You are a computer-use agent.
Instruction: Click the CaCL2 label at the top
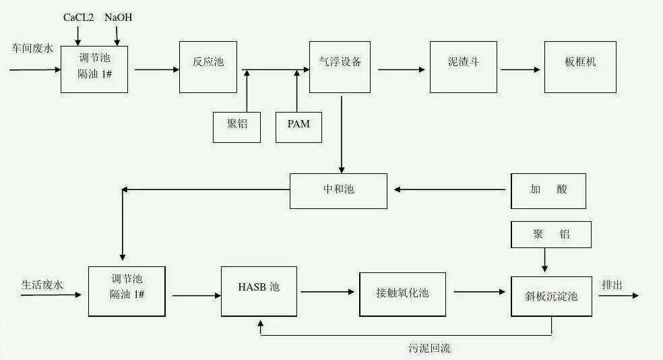click(78, 18)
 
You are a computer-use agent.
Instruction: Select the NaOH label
click(118, 18)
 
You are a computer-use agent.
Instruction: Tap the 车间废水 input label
click(32, 49)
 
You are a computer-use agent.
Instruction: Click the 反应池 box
click(208, 66)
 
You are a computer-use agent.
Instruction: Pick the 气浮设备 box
click(340, 66)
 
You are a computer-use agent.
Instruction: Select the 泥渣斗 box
click(464, 66)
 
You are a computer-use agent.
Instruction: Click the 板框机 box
click(580, 66)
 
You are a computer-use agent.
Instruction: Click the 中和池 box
click(338, 191)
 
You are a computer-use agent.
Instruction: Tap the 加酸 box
click(548, 191)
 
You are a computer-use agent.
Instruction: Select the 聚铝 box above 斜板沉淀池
click(551, 235)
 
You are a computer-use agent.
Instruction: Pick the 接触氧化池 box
click(402, 294)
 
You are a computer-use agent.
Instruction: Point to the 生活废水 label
click(42, 285)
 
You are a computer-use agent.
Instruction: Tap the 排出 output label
click(612, 284)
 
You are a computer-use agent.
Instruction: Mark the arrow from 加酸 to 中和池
click(450, 190)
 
